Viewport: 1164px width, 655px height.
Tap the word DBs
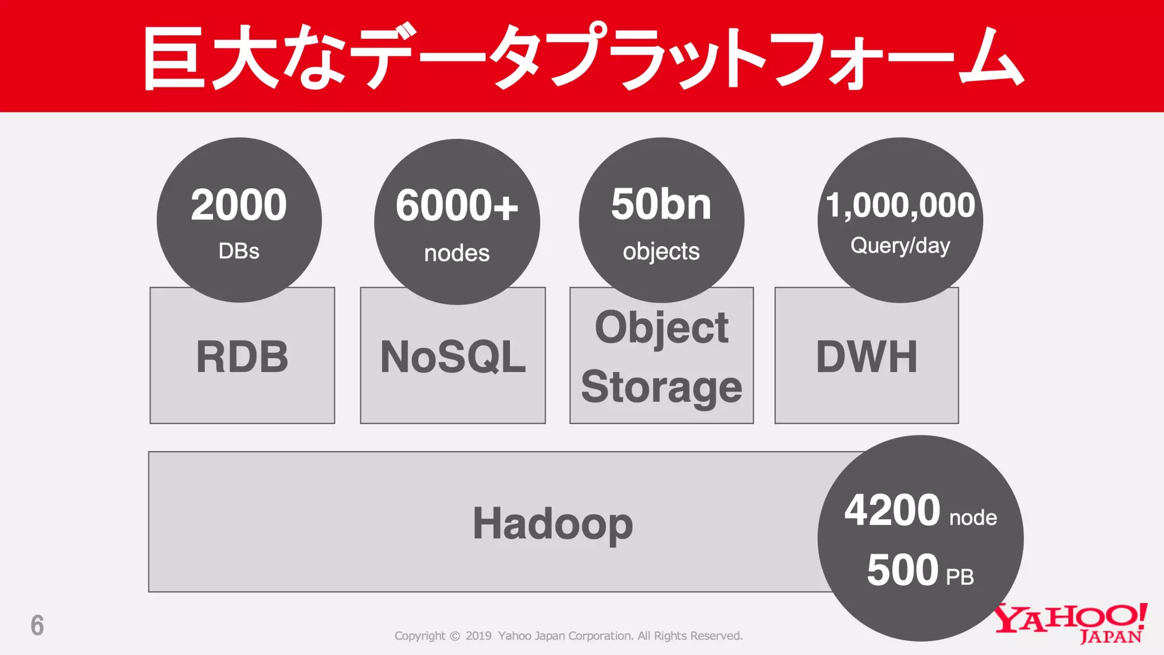point(239,251)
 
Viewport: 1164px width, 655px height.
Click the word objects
point(661,251)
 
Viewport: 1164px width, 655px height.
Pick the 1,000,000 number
point(900,205)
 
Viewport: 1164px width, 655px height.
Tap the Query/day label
point(900,246)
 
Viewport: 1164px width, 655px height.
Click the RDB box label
point(242,357)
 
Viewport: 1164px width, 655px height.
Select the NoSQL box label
point(453,357)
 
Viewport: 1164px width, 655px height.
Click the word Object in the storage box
point(662,327)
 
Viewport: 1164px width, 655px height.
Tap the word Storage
point(662,387)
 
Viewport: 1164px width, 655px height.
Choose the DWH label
point(867,357)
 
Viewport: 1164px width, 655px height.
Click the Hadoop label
point(552,523)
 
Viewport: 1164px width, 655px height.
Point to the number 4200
point(892,510)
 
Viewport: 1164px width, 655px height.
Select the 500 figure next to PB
point(902,570)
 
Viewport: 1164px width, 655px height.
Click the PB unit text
point(960,577)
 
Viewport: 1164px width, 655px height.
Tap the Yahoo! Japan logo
point(1071,623)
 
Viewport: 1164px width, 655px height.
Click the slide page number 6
point(37,625)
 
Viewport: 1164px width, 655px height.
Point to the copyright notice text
point(568,636)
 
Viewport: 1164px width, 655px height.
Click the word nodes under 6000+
point(456,253)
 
